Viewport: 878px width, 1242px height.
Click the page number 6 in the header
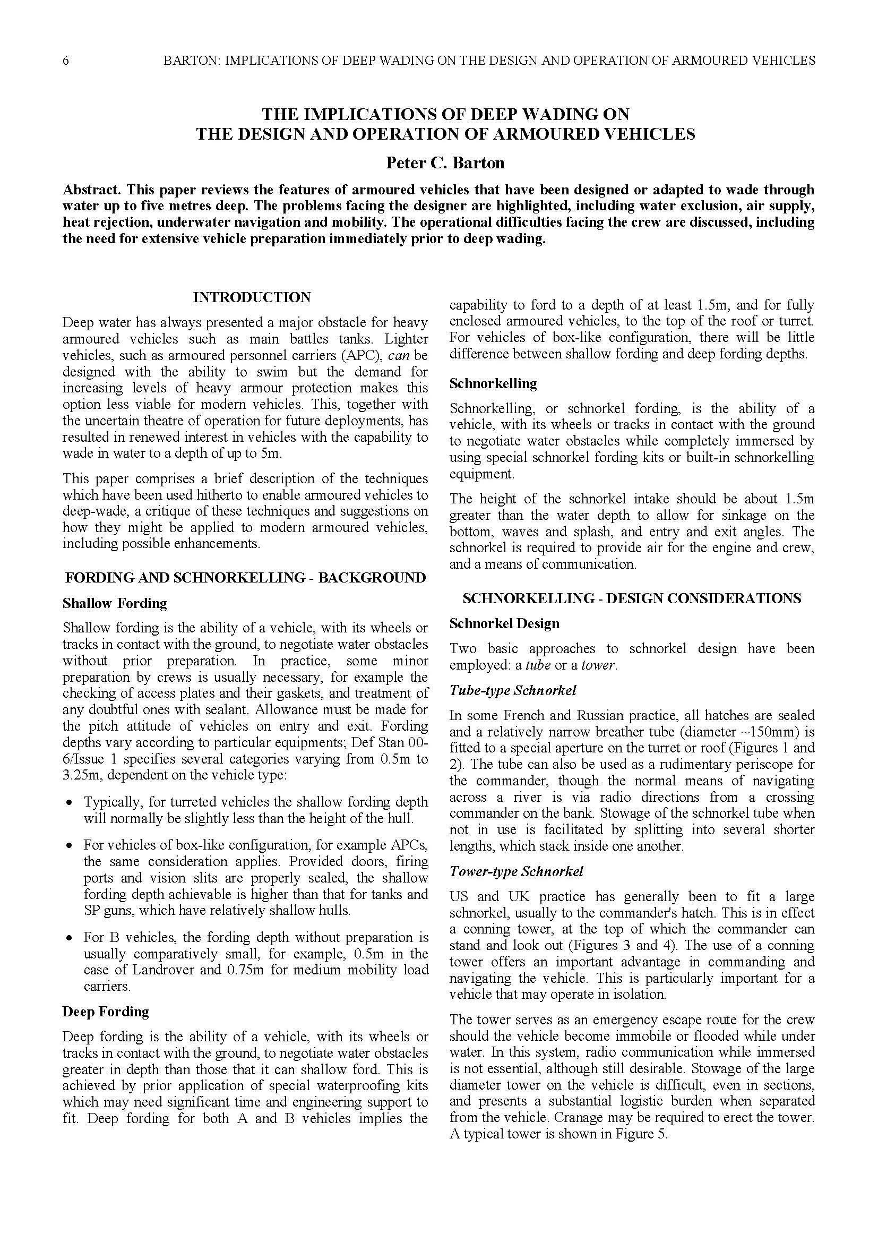(66, 61)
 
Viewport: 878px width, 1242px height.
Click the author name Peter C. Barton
(445, 163)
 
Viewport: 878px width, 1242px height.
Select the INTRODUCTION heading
(252, 297)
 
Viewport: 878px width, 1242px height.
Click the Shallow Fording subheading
(115, 603)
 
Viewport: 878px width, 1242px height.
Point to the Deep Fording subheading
(106, 1012)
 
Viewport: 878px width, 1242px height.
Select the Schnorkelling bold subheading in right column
(493, 383)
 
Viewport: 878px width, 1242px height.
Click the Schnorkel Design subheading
(504, 623)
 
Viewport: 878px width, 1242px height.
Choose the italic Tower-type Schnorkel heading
(517, 871)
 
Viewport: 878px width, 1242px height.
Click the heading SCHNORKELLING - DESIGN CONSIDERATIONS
(632, 598)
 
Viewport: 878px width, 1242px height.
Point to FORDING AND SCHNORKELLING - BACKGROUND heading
(245, 578)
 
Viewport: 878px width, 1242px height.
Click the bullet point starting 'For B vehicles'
(68, 938)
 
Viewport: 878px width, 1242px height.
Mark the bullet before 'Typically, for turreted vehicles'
(68, 803)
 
